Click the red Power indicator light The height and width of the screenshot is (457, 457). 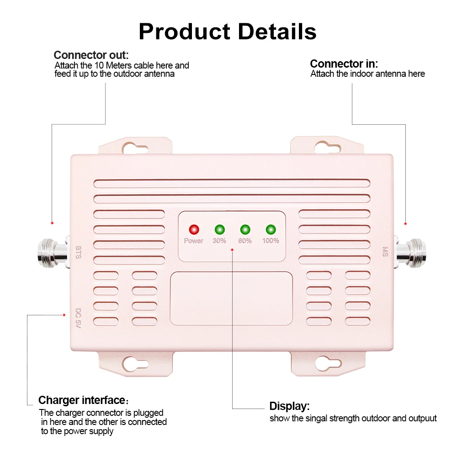tap(194, 229)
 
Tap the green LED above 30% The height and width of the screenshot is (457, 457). tap(219, 229)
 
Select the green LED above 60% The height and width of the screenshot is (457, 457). tap(245, 229)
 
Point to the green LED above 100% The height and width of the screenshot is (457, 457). tap(271, 229)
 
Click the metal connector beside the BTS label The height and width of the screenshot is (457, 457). tap(53, 252)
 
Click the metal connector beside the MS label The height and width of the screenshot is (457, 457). tap(410, 252)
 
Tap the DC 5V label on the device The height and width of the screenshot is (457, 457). tap(78, 318)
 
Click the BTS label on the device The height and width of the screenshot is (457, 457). tap(79, 252)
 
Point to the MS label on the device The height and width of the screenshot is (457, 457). tap(385, 252)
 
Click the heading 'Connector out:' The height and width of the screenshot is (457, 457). tap(91, 55)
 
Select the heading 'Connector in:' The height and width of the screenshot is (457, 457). tap(344, 64)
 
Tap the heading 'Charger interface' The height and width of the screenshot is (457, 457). tap(82, 400)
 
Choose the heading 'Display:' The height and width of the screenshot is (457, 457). tap(289, 406)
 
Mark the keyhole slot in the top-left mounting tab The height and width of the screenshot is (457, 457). tap(135, 149)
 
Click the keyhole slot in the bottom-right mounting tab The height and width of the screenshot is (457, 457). tap(328, 363)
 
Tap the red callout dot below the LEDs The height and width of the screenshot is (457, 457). tap(232, 250)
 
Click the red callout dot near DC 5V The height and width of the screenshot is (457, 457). tap(64, 315)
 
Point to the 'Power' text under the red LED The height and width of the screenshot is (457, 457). tap(193, 241)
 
